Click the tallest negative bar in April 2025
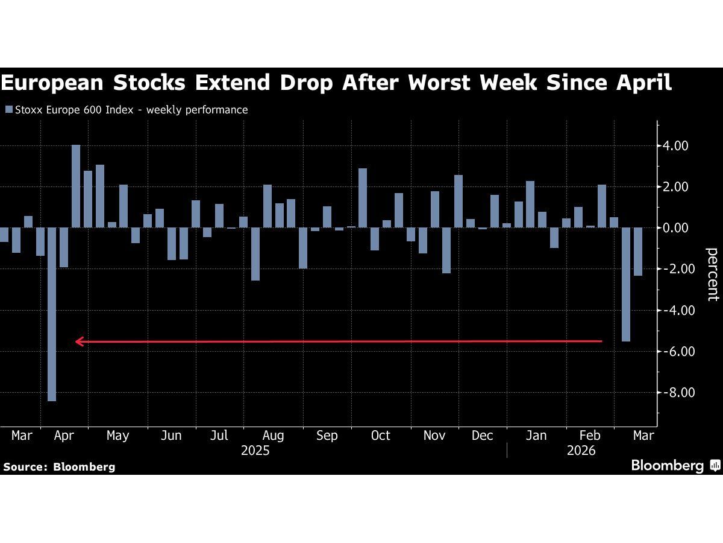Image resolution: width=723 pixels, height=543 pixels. coord(52,314)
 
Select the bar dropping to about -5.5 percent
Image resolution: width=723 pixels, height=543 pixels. coord(626,284)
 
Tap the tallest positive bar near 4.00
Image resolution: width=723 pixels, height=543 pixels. coord(76,186)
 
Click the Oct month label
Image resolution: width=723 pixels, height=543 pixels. coord(381,436)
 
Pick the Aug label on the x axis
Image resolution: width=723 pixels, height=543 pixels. coord(273,436)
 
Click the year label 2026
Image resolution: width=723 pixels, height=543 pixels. coord(581,451)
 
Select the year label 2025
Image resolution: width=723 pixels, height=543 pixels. coord(255,451)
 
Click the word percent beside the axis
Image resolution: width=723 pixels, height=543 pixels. coord(712,274)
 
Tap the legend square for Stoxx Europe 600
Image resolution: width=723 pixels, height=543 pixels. coord(8,110)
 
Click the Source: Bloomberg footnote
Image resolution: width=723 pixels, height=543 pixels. coord(59,466)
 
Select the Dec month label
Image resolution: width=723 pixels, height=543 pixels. coord(483,436)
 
